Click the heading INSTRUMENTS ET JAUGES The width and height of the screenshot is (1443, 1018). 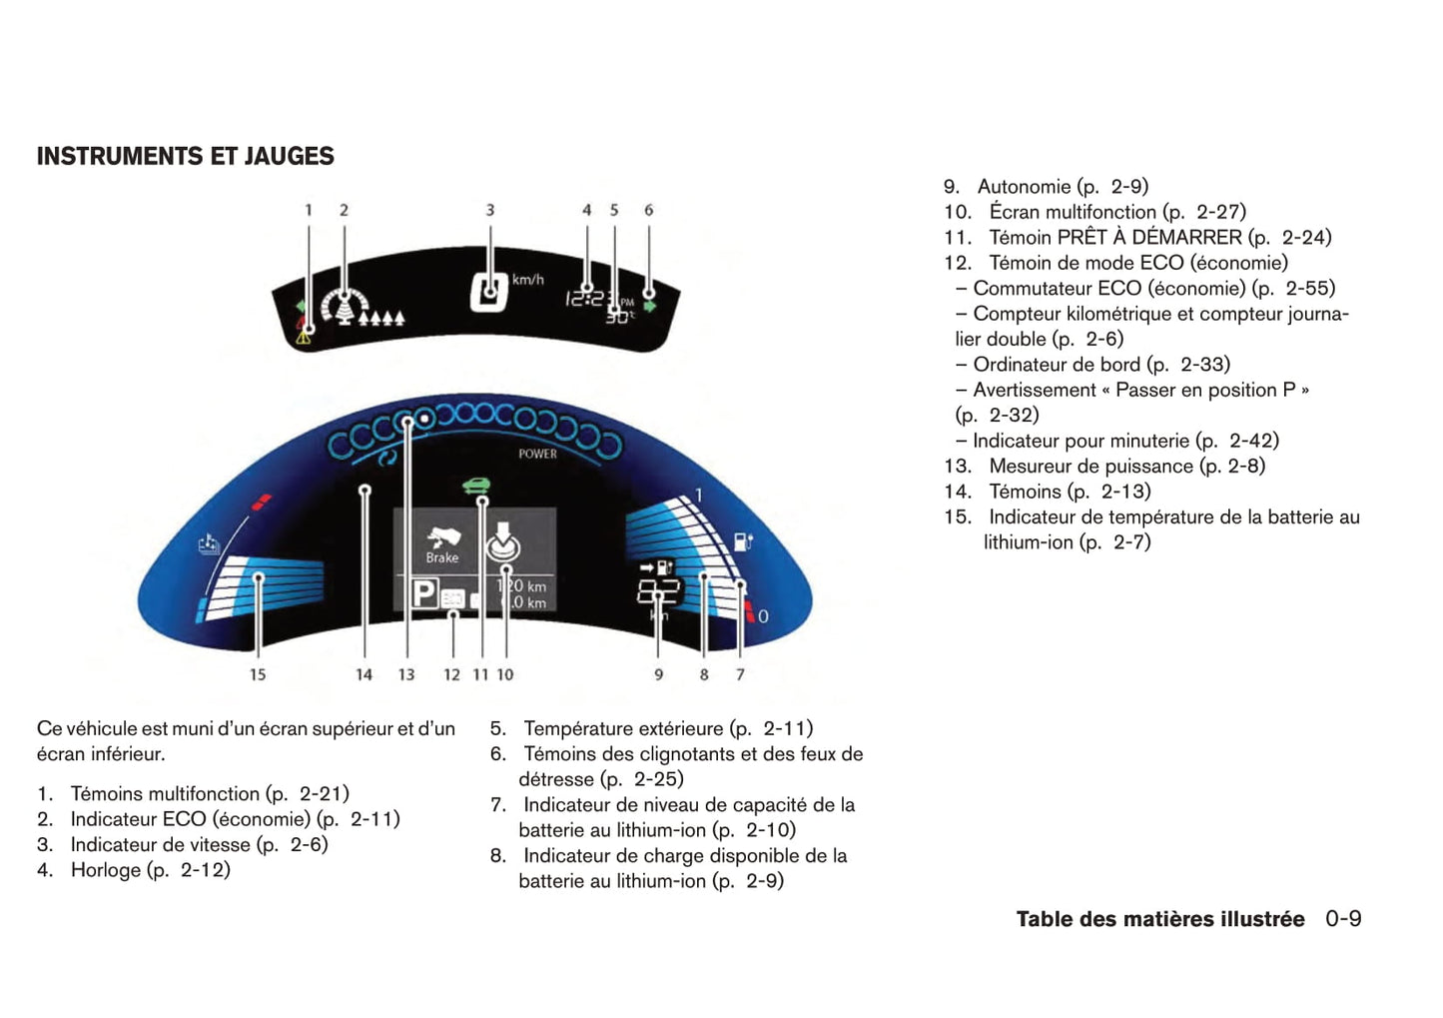(186, 157)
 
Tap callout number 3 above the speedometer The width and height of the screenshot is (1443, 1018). (489, 210)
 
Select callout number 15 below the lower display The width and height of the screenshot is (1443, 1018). (258, 674)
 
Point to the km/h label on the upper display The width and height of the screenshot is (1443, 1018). (527, 280)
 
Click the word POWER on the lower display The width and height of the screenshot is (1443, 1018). (537, 454)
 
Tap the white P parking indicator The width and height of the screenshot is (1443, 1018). (424, 594)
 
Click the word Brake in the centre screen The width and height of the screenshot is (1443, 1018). (442, 557)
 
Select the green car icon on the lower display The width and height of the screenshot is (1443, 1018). (477, 487)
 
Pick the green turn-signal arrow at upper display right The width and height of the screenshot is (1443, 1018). (650, 305)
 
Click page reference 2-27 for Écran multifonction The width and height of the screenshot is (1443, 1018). (1220, 212)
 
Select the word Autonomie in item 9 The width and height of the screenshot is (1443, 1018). (1024, 187)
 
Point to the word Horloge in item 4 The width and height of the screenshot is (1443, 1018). (106, 870)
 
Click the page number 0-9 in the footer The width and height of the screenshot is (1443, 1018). (1343, 919)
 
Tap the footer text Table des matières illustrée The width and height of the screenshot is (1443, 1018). (1159, 919)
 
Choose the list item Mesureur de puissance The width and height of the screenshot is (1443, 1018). (1090, 467)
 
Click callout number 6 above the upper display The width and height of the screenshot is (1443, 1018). (649, 210)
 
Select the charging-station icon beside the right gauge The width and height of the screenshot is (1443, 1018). (743, 541)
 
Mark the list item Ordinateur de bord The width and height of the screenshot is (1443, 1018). (1057, 365)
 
